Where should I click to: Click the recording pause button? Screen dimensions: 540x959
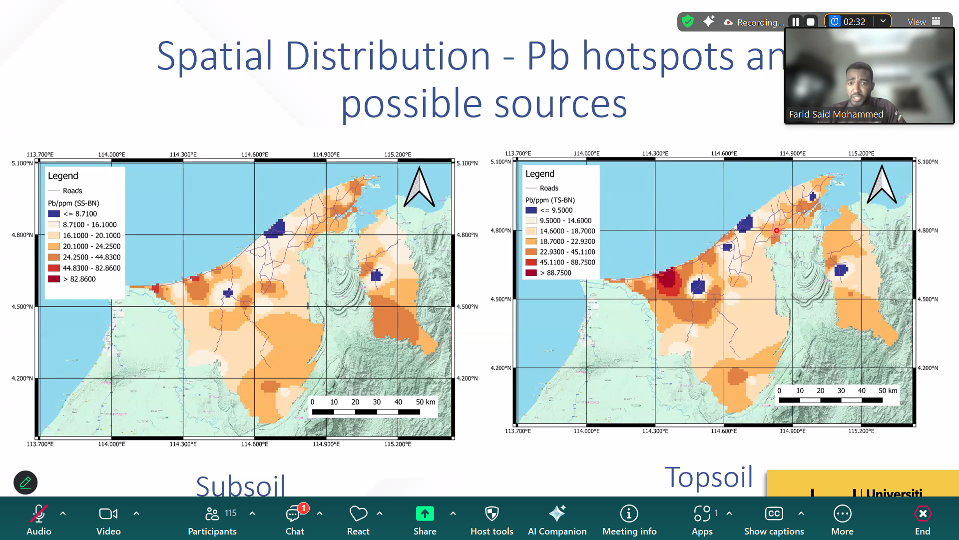(795, 22)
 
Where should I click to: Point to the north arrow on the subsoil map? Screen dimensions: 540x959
(419, 187)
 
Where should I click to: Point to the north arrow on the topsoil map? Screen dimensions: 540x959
(882, 185)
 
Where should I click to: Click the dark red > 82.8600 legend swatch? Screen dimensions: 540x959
(54, 279)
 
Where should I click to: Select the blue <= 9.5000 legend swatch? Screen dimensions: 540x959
(531, 210)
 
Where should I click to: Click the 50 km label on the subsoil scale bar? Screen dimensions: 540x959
(426, 402)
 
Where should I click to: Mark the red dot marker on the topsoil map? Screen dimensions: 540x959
(776, 230)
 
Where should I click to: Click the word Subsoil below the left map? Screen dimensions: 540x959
(240, 485)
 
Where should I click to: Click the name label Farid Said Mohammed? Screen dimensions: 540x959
(836, 114)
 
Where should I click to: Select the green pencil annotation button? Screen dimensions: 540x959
(25, 482)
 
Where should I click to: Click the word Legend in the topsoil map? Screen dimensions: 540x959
(539, 173)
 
